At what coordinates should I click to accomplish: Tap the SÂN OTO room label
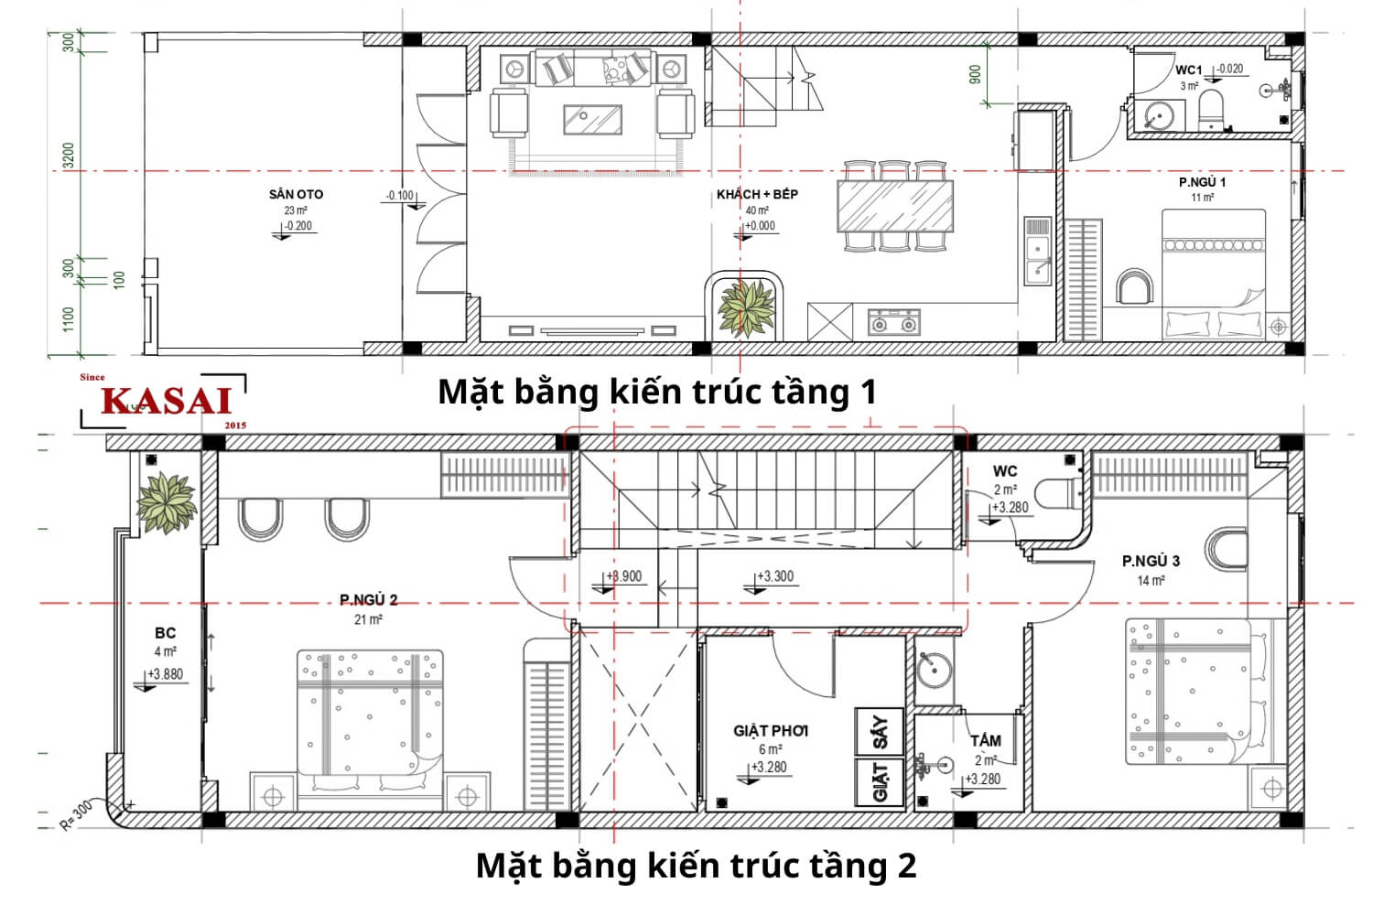point(296,194)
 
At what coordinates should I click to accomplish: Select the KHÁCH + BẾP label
point(757,194)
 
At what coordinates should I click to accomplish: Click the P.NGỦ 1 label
point(1202,182)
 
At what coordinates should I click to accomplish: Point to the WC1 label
point(1188,70)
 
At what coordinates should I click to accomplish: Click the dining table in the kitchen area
point(894,205)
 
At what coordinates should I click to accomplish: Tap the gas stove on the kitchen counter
point(893,322)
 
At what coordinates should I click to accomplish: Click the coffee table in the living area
point(592,119)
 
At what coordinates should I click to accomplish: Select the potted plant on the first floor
point(746,307)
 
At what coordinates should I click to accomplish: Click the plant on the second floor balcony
point(166,501)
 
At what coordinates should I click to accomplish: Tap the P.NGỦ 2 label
point(368,600)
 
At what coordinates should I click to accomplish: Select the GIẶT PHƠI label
point(771,731)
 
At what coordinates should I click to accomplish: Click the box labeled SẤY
point(880,732)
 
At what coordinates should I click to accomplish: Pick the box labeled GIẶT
point(880,782)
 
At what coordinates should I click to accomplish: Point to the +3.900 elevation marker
point(625,576)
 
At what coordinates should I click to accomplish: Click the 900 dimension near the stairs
point(975,74)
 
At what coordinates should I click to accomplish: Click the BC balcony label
point(165,632)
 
